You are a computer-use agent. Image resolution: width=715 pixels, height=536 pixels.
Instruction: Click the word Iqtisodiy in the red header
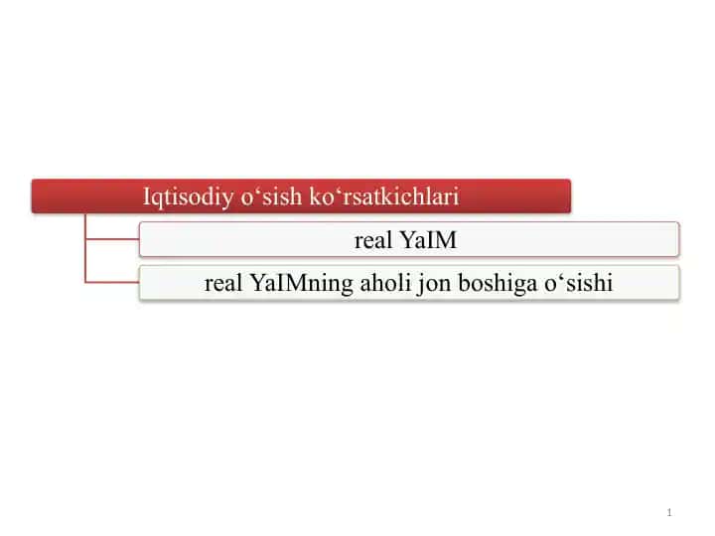(188, 198)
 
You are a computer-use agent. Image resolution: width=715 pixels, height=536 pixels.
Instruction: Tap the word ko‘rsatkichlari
(384, 196)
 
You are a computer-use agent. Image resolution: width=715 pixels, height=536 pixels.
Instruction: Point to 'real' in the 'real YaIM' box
(373, 240)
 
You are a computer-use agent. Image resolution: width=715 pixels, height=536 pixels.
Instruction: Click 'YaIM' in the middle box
(428, 240)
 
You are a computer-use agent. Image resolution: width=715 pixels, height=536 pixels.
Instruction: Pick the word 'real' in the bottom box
(223, 283)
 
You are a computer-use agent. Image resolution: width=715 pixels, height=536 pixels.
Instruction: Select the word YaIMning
(302, 284)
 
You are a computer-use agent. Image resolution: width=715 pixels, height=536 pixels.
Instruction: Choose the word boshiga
(498, 284)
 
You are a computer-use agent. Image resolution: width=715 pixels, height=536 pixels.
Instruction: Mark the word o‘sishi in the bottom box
(578, 283)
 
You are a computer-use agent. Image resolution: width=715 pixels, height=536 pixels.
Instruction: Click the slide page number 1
(669, 512)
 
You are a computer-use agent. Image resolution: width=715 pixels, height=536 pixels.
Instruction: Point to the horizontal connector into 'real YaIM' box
(112, 238)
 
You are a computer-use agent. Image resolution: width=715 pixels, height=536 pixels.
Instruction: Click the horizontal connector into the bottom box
(112, 282)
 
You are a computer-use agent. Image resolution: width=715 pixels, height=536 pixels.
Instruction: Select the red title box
(301, 196)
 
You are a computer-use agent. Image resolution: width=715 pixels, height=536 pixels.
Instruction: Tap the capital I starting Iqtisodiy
(147, 197)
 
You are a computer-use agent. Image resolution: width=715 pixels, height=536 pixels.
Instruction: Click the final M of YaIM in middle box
(447, 240)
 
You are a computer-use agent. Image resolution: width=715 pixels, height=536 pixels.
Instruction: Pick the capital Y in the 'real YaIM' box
(407, 240)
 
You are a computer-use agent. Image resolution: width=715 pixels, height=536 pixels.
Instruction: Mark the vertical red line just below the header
(85, 248)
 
